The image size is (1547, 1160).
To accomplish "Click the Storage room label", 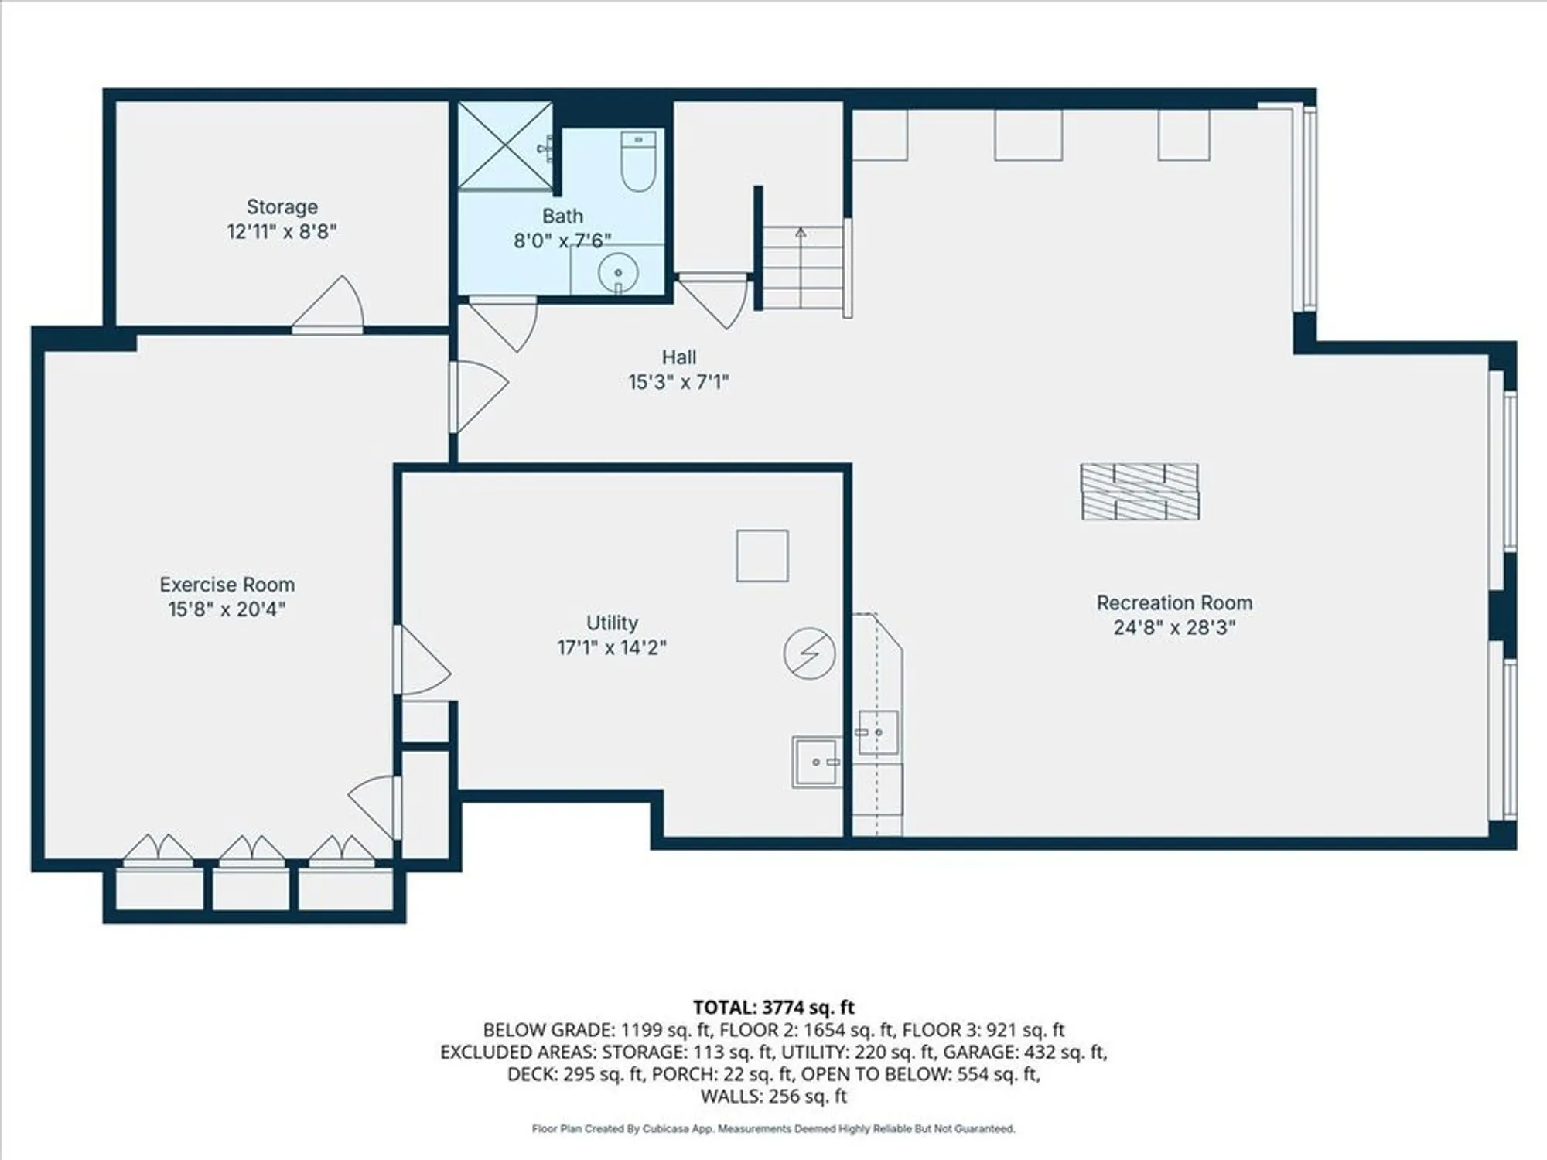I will pos(282,206).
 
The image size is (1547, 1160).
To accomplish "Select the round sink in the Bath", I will pos(618,273).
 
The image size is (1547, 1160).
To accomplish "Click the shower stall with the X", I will pos(504,145).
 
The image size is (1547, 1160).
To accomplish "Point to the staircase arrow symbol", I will pos(801,232).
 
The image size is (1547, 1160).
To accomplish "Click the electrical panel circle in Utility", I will pos(809,653).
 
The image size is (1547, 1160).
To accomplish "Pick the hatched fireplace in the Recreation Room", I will pos(1139,492).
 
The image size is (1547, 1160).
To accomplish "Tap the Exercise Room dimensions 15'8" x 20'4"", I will pos(227,609).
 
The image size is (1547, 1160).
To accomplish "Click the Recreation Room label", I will pos(1173,602).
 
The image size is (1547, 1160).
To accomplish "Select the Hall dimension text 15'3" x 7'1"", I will pos(678,382).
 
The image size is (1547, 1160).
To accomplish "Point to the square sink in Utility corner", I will pos(816,762).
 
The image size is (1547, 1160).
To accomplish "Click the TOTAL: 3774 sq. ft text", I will pos(773,1008).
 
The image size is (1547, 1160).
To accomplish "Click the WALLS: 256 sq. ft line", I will pos(773,1096).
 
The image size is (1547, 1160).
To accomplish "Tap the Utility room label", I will pos(612,623).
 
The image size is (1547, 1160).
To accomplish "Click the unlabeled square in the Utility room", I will pos(762,555).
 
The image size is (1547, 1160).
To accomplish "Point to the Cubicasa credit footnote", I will pos(773,1129).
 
